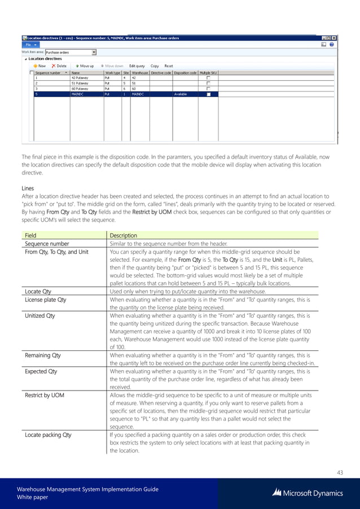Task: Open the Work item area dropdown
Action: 94,51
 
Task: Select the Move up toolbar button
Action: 85,65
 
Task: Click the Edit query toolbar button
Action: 137,65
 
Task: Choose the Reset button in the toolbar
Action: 169,65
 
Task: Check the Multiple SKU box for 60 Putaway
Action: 208,89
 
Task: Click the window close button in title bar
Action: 333,38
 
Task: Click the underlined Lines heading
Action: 28,187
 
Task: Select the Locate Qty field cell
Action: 38,292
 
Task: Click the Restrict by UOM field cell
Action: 45,395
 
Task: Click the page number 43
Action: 339,472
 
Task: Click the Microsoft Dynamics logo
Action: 308,493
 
